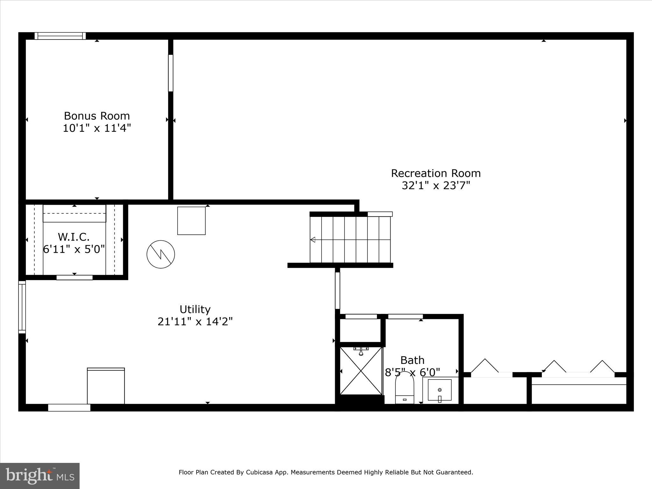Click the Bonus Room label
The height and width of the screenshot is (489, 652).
[x=97, y=116]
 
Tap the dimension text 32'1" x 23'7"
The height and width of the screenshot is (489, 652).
[x=436, y=185]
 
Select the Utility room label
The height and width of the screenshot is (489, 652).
[x=195, y=309]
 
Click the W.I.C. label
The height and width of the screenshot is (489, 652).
[x=74, y=237]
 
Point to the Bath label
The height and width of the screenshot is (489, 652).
[x=412, y=360]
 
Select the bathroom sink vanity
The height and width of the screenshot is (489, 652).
[x=440, y=390]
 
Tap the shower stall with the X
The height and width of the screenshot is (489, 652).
[x=361, y=371]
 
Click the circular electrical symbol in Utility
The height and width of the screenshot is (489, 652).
[x=161, y=254]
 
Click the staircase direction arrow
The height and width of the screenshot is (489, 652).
[x=313, y=239]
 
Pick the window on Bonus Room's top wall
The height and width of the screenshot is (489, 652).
[x=60, y=36]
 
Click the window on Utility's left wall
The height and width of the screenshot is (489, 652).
[x=22, y=307]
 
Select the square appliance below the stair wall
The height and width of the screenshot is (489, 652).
[x=191, y=221]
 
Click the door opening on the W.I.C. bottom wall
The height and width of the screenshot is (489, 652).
[x=74, y=278]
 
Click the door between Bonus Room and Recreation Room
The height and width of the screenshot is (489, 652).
[x=171, y=73]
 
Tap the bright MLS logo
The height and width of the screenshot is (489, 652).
[x=39, y=476]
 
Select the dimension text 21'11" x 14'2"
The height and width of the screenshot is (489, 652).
[x=195, y=322]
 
